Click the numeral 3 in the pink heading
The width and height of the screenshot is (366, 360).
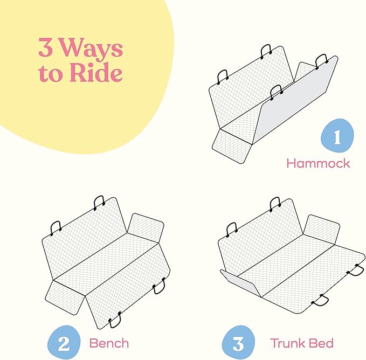click(45, 47)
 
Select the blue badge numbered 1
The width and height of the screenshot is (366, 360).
click(337, 136)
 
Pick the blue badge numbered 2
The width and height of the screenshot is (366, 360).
click(64, 343)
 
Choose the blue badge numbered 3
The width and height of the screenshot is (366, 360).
click(238, 343)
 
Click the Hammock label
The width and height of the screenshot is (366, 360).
click(318, 163)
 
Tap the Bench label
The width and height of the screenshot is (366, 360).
click(109, 343)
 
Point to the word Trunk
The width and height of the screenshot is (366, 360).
click(288, 343)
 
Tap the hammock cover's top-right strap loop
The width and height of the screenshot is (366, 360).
click(322, 61)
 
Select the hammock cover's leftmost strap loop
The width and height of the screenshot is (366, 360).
click(222, 77)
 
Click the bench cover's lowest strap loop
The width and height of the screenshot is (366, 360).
click(115, 320)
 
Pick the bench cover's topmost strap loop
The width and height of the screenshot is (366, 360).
click(99, 202)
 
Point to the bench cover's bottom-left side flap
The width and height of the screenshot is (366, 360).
click(65, 297)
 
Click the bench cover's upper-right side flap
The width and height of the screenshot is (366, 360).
click(146, 228)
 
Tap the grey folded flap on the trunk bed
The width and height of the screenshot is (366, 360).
click(240, 283)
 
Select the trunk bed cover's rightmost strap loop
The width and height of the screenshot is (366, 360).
click(356, 270)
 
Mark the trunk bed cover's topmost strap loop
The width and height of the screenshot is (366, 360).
click(275, 204)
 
